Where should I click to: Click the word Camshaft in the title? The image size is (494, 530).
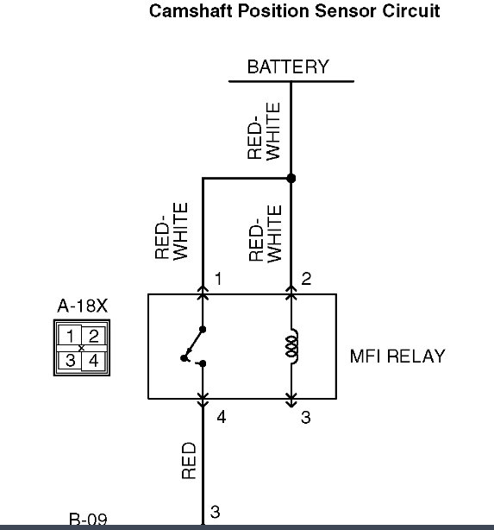click(x=191, y=11)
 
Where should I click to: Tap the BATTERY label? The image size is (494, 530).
click(x=288, y=66)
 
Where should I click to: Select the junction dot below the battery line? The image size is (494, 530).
click(x=291, y=178)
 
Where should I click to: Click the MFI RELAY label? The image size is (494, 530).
click(x=397, y=356)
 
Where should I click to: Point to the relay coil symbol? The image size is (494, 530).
click(x=292, y=346)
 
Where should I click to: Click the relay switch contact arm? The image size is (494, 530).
click(x=193, y=344)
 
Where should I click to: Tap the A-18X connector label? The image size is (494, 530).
click(x=83, y=306)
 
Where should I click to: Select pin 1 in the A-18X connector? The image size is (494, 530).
click(x=70, y=336)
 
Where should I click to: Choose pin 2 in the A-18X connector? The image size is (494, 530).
click(x=93, y=336)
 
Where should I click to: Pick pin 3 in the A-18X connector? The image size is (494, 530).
click(x=70, y=360)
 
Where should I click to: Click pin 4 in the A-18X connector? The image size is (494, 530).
click(x=93, y=361)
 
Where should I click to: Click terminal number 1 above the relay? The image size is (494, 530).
click(x=218, y=279)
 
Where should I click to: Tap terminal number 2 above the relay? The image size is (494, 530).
click(x=306, y=279)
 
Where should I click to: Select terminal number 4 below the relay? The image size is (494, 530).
click(x=222, y=418)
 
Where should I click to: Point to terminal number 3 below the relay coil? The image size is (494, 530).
click(x=305, y=418)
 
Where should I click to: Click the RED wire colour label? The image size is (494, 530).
click(x=189, y=460)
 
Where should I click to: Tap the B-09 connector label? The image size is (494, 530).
click(x=88, y=519)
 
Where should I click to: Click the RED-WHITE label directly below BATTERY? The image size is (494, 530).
click(x=264, y=131)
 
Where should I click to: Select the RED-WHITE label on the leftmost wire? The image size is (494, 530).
click(x=172, y=230)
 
